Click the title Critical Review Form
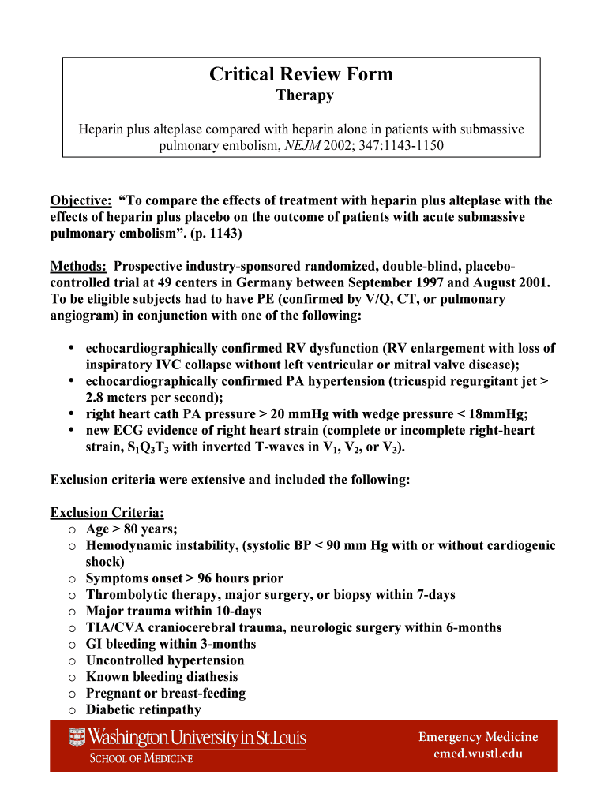(301, 74)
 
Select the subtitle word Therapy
(304, 96)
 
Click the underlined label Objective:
(81, 200)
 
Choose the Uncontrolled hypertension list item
(165, 660)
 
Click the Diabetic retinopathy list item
(143, 709)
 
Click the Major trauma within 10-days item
(174, 611)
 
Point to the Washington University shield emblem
(77, 739)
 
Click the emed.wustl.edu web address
(478, 754)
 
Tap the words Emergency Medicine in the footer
(478, 737)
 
